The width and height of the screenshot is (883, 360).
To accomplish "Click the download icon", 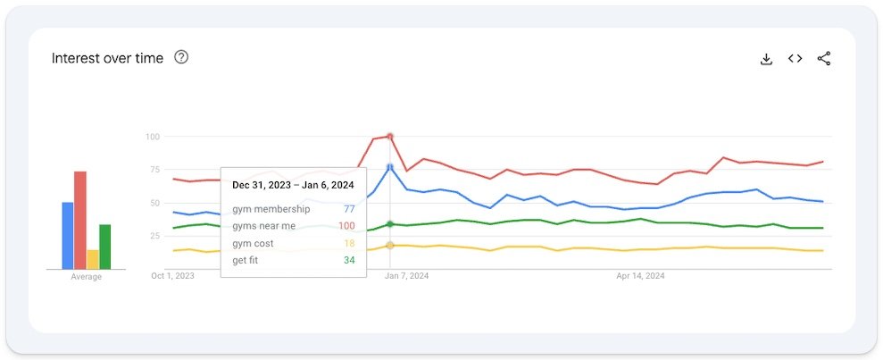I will click(765, 59).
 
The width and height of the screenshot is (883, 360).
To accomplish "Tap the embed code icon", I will click(795, 59).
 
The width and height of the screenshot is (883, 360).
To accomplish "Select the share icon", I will click(824, 59).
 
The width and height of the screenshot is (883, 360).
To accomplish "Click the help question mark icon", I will click(181, 58).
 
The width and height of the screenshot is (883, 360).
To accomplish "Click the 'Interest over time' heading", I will click(107, 58).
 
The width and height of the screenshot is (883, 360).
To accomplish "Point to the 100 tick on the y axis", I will click(152, 137).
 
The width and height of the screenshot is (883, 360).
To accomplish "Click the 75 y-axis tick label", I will click(154, 170).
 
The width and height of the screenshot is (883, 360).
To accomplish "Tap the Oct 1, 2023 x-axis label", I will click(173, 276).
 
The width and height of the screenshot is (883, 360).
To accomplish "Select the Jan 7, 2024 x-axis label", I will click(406, 276).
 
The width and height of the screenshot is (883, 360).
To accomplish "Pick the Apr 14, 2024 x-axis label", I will click(640, 276).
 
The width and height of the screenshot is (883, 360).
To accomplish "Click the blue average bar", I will click(68, 236).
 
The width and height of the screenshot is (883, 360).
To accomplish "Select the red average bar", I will click(80, 220).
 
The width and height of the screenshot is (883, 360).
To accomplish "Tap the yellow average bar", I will click(93, 259).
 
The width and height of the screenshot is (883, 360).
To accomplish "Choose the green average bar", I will click(105, 247).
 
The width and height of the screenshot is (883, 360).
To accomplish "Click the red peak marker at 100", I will click(390, 137).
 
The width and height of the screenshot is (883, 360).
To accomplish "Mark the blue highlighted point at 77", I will click(390, 167).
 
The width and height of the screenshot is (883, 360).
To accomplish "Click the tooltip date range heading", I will click(293, 185).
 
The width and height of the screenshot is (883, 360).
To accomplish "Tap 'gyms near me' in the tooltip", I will click(263, 226).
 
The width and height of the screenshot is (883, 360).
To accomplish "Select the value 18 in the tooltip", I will click(349, 243).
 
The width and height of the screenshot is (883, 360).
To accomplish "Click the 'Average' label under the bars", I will click(87, 277).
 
